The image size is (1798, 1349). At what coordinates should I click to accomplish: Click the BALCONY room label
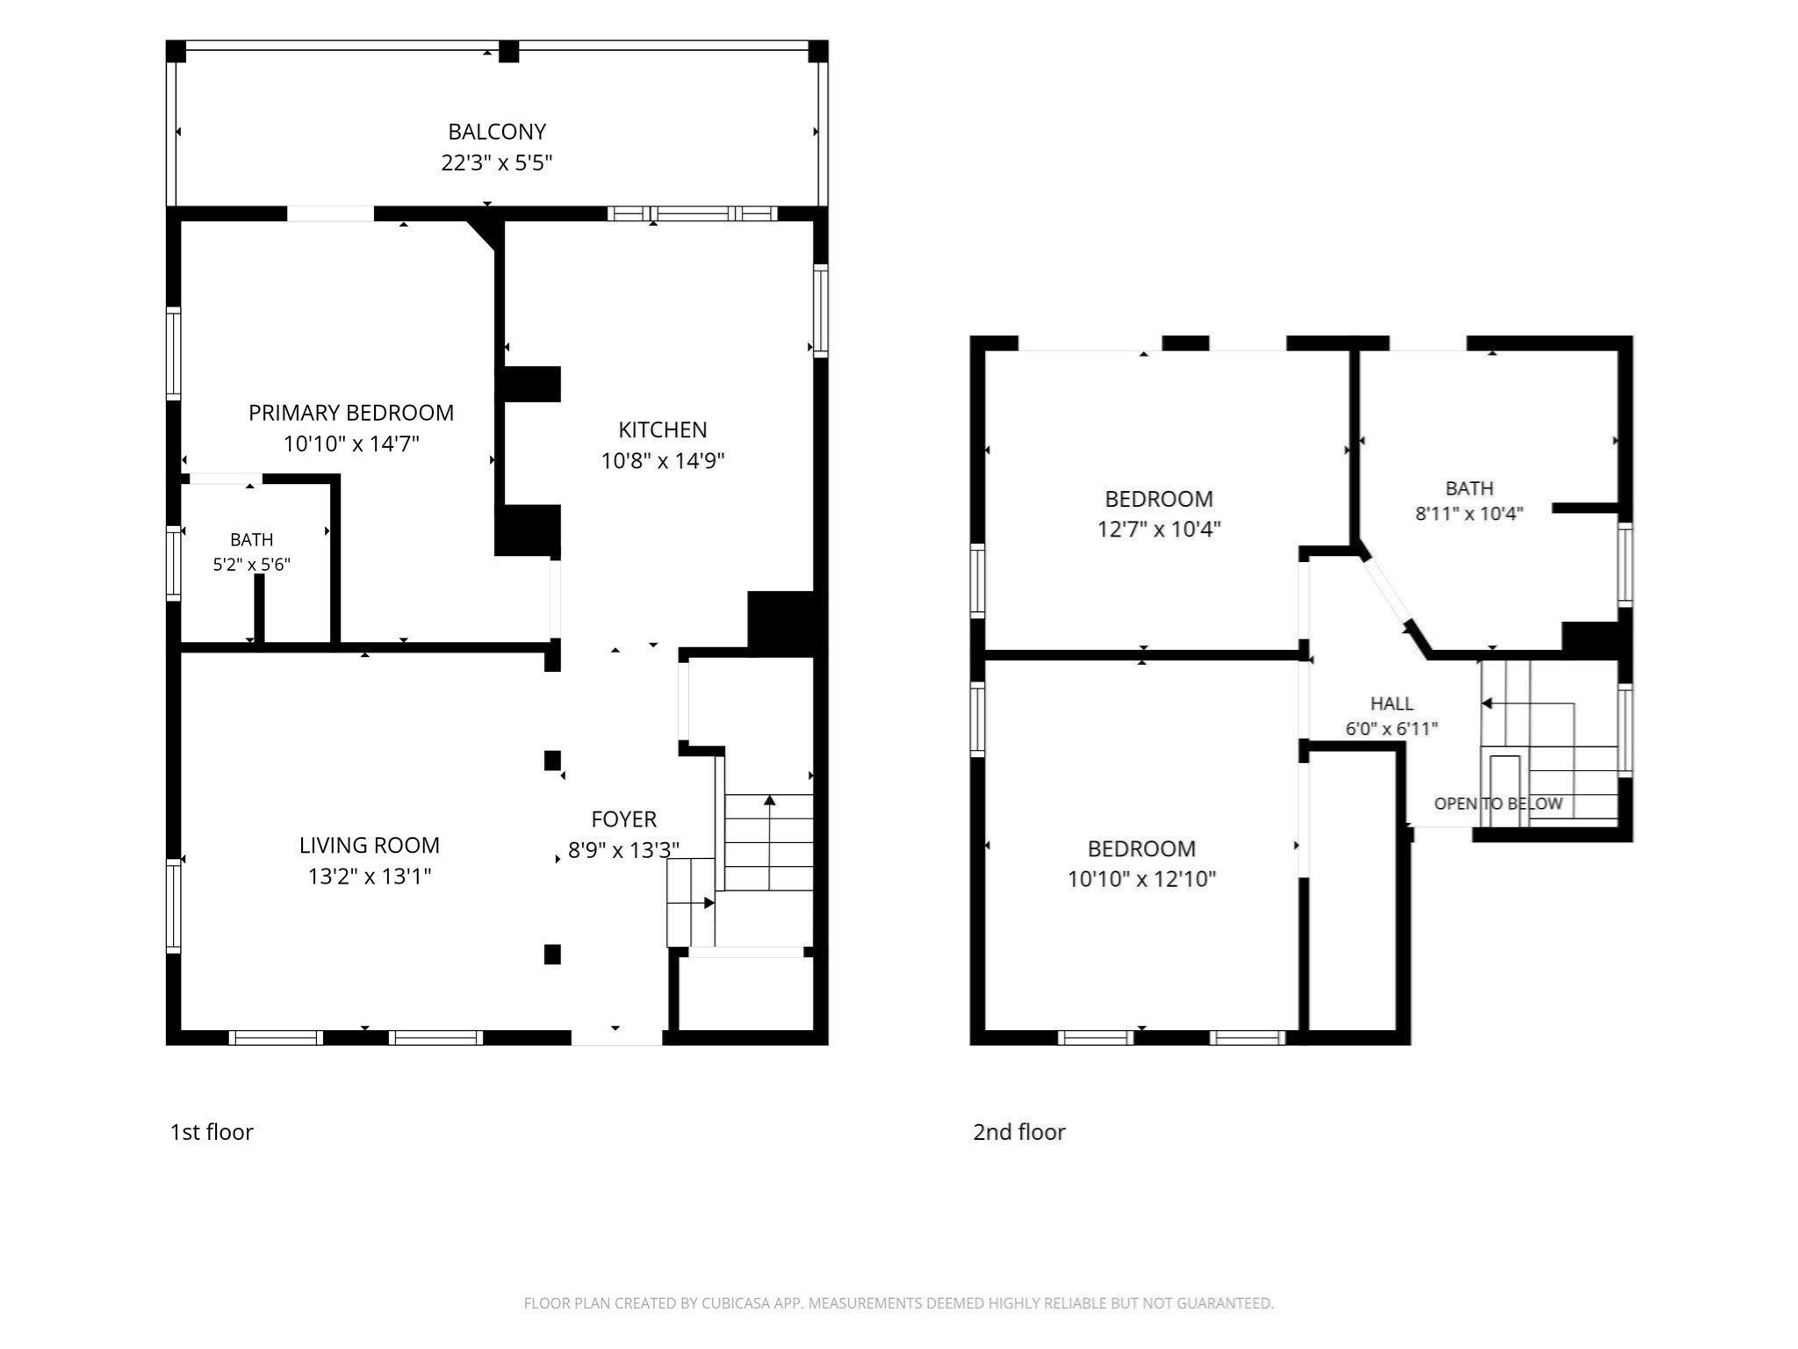click(497, 132)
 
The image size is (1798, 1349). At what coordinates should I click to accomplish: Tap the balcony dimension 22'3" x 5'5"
click(497, 162)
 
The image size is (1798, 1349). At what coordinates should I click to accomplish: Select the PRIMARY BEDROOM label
click(351, 413)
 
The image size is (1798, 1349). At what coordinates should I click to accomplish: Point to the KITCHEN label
click(663, 429)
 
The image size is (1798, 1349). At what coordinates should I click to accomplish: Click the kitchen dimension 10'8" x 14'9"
click(663, 460)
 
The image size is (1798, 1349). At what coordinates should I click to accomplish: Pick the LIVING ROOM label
click(370, 845)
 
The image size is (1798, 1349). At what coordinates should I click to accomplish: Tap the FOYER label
click(624, 819)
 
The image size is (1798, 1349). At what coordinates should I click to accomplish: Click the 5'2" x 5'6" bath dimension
click(252, 564)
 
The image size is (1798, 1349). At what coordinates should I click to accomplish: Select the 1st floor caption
click(212, 1132)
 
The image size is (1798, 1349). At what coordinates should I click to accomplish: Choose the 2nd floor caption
click(1019, 1132)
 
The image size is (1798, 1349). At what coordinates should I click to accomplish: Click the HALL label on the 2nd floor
click(1392, 703)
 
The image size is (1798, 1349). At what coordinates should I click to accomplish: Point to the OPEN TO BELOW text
click(1499, 804)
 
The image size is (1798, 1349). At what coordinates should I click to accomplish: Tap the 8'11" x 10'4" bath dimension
click(1470, 514)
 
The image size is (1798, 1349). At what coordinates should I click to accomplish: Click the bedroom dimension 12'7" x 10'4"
click(1159, 529)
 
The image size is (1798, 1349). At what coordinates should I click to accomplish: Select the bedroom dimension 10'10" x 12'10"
click(1141, 879)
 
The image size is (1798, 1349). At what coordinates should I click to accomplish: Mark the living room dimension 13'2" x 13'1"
click(370, 876)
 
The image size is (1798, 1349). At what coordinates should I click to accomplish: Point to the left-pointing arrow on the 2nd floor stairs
click(1528, 703)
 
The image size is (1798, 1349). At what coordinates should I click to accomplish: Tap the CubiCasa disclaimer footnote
click(899, 1303)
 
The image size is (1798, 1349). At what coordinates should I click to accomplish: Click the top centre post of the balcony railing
click(509, 52)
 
